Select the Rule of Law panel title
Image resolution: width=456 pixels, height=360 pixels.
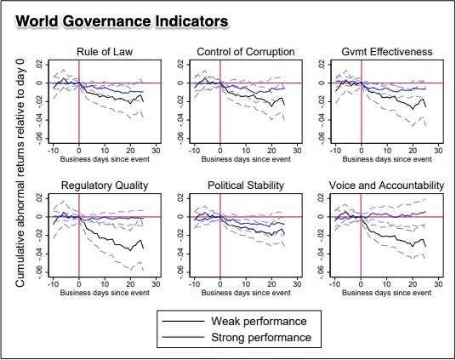pyautogui.click(x=105, y=52)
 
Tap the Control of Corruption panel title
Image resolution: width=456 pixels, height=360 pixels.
pyautogui.click(x=246, y=52)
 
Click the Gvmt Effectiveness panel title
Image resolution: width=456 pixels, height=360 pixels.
pyautogui.click(x=387, y=52)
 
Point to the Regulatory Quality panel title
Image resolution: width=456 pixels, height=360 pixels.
pyautogui.click(x=105, y=185)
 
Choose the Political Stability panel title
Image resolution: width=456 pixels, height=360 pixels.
pyautogui.click(x=246, y=185)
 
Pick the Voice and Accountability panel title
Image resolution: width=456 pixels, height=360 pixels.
pyautogui.click(x=387, y=185)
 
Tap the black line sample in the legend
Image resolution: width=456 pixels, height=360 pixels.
pyautogui.click(x=185, y=321)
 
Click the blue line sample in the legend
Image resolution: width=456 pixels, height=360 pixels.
pyautogui.click(x=185, y=338)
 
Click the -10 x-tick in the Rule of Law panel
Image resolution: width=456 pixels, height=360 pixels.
pyautogui.click(x=53, y=151)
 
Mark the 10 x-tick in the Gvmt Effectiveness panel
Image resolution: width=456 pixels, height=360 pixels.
pyautogui.click(x=387, y=151)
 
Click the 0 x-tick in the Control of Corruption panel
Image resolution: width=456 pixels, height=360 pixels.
pyautogui.click(x=219, y=151)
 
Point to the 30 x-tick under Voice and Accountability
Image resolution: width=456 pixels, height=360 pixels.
pyautogui.click(x=438, y=283)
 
